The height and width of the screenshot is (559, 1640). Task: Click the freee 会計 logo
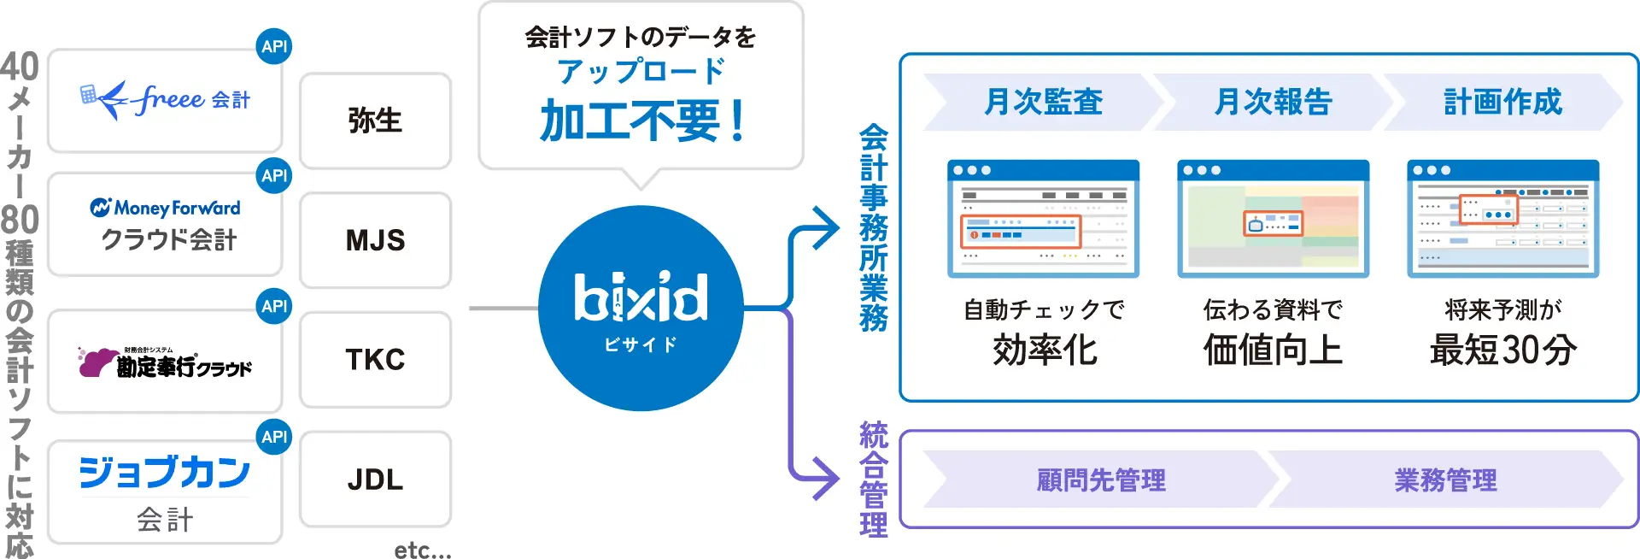coord(165,100)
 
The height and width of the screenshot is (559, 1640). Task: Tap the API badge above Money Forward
coord(274,176)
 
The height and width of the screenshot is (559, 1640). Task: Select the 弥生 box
coord(375,121)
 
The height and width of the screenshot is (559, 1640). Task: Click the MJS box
coord(375,240)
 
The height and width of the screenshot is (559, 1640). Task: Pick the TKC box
coord(375,360)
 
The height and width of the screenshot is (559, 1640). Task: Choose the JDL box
coord(375,480)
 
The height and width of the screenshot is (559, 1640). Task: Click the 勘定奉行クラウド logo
coord(165,363)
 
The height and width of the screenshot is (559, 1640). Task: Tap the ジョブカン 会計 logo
coord(165,491)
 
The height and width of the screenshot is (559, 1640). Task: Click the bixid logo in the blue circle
coord(641,299)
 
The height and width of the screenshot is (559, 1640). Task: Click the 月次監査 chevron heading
coord(1043,102)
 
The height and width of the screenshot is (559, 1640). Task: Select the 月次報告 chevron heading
coord(1273,102)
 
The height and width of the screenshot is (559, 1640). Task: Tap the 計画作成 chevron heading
coord(1502,102)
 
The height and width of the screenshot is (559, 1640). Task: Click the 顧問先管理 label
coord(1101,480)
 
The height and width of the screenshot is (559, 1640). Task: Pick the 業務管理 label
coord(1445,480)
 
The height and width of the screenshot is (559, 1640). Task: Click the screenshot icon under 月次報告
coord(1273,219)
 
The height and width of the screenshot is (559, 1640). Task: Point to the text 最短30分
coord(1502,350)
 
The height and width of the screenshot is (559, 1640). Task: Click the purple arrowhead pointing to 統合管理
coord(826,478)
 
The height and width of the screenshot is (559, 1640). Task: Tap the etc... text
coord(422,550)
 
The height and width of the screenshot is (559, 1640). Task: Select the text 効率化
coord(1044,350)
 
